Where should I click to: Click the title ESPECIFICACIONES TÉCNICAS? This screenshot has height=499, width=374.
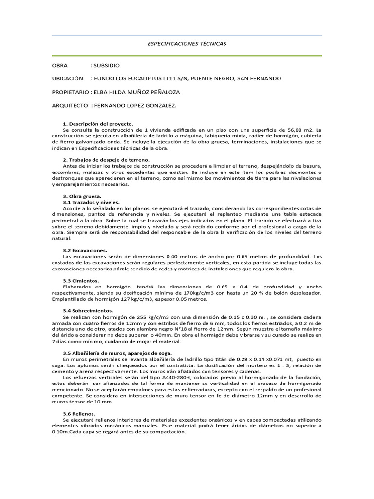click(x=187, y=44)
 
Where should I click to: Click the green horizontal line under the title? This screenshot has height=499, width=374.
click(x=187, y=56)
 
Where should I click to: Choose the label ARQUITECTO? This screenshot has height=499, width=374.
click(x=70, y=105)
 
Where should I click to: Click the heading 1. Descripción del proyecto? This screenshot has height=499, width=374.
click(x=98, y=124)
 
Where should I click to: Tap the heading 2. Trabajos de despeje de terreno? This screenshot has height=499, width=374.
click(x=107, y=160)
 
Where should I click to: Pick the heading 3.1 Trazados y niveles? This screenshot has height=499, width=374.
click(x=92, y=202)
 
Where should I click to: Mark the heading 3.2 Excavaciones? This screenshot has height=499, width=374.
click(x=85, y=250)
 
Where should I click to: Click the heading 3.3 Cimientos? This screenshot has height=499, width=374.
click(x=81, y=281)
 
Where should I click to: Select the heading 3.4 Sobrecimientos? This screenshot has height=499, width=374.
click(x=88, y=310)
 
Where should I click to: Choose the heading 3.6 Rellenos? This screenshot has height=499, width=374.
click(x=80, y=413)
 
